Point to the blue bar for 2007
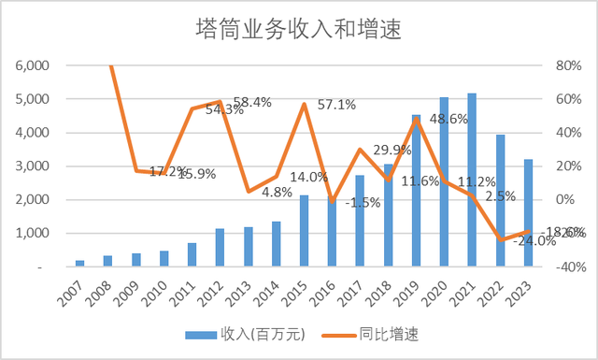click(x=80, y=264)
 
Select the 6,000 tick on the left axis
click(x=34, y=65)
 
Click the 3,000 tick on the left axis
click(x=34, y=166)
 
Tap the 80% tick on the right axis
click(x=568, y=65)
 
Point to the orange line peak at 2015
click(x=305, y=104)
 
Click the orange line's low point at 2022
click(x=501, y=240)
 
